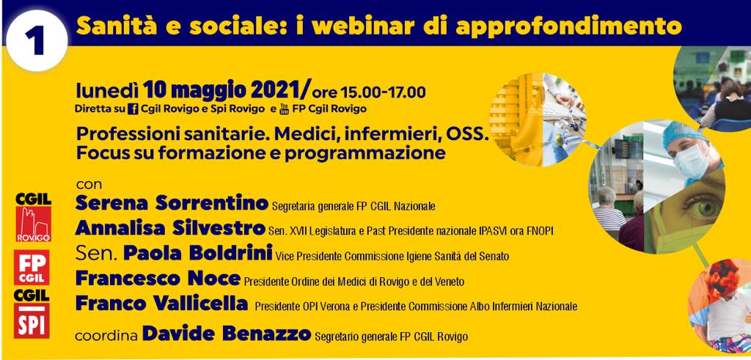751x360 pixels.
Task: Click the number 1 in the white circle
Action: click(x=36, y=40)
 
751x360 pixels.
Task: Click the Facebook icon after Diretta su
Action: click(x=133, y=109)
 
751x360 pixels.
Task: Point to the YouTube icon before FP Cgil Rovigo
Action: click(x=284, y=109)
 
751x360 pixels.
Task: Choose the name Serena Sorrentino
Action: click(x=172, y=203)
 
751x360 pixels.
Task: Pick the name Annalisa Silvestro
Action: click(x=170, y=228)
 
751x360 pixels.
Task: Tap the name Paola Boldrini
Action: click(x=198, y=252)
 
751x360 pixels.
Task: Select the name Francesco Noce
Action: click(x=158, y=278)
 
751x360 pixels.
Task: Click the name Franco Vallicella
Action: click(x=161, y=303)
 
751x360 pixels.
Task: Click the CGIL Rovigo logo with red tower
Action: click(x=33, y=217)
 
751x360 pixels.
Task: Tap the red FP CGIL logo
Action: click(x=32, y=267)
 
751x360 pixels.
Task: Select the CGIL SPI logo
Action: click(x=32, y=313)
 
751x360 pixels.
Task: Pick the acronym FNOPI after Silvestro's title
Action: click(x=539, y=231)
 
